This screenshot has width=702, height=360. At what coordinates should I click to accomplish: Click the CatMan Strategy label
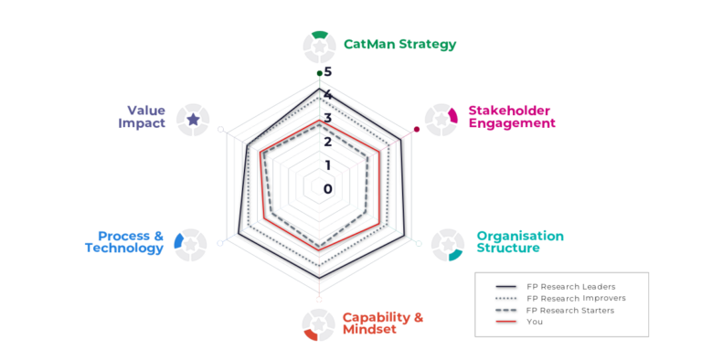[399, 45]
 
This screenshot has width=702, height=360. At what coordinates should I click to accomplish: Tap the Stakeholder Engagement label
[512, 117]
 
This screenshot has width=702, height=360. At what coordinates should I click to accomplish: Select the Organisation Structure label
[520, 242]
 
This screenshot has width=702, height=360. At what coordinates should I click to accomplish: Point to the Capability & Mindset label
[383, 323]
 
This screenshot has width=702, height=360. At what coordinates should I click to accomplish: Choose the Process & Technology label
[124, 242]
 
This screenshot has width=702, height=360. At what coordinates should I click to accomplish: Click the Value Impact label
[142, 117]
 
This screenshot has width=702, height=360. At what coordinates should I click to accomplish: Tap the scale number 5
[328, 71]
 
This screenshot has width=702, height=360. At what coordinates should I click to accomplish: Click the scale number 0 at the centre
[328, 189]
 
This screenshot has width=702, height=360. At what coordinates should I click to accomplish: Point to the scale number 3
[328, 118]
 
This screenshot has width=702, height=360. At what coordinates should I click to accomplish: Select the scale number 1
[328, 165]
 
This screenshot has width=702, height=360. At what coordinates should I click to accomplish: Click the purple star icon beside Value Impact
[193, 120]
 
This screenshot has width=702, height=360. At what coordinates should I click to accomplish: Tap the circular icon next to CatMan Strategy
[319, 47]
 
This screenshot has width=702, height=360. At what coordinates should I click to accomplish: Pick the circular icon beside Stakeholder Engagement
[441, 120]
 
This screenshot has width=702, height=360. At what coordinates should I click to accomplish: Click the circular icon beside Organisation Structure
[448, 245]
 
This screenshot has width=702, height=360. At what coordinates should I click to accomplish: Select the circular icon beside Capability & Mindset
[318, 324]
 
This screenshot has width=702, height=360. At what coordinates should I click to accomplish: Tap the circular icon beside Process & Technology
[190, 245]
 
